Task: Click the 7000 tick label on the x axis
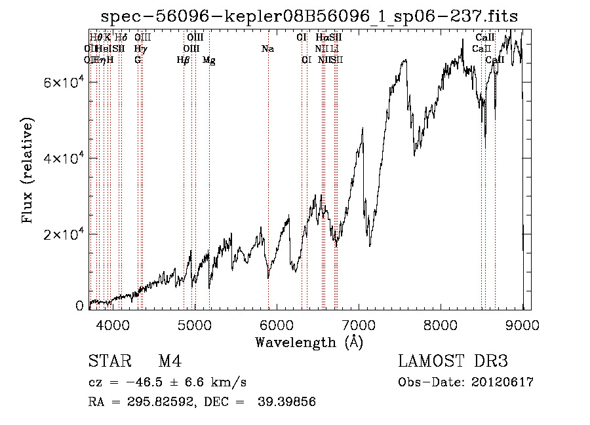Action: (359, 325)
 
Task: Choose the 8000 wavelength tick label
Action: (441, 325)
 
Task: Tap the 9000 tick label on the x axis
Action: (522, 325)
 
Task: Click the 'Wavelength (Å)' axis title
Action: (309, 342)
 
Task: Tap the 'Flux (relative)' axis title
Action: (28, 172)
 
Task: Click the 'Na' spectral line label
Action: (267, 49)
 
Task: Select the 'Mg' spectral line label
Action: (208, 60)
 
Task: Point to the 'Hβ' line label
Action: (183, 60)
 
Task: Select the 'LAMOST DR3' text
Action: (453, 361)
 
